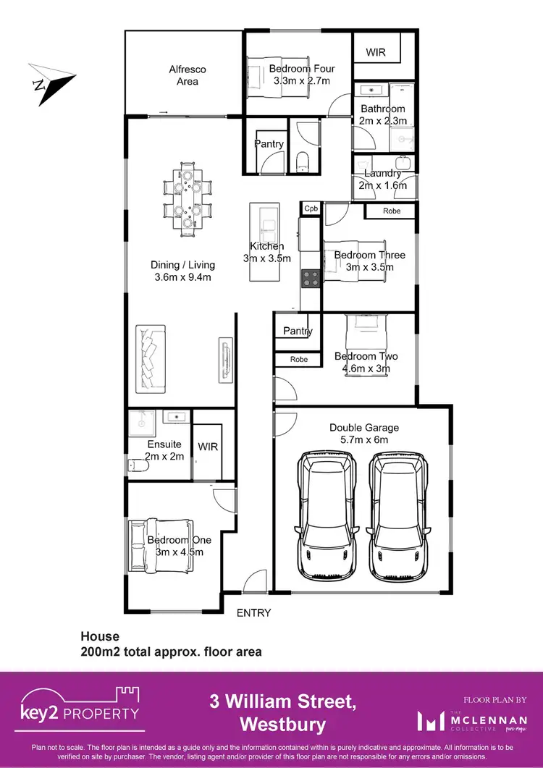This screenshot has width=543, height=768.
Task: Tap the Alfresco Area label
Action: (x=188, y=75)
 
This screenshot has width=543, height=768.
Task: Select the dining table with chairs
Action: (x=188, y=198)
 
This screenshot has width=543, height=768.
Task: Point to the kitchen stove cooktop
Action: (x=311, y=278)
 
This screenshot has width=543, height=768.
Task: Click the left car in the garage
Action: (x=329, y=515)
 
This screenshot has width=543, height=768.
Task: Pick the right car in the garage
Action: (x=398, y=515)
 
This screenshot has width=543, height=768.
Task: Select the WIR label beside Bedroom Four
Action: (x=376, y=53)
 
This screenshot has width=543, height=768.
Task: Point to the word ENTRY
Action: (x=253, y=613)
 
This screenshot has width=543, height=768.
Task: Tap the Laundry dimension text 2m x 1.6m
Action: (x=383, y=185)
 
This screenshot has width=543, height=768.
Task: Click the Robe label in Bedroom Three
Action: (x=392, y=211)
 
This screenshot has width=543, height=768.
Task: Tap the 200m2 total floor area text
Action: (x=170, y=651)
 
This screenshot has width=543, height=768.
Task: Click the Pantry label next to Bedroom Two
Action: (x=298, y=332)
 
